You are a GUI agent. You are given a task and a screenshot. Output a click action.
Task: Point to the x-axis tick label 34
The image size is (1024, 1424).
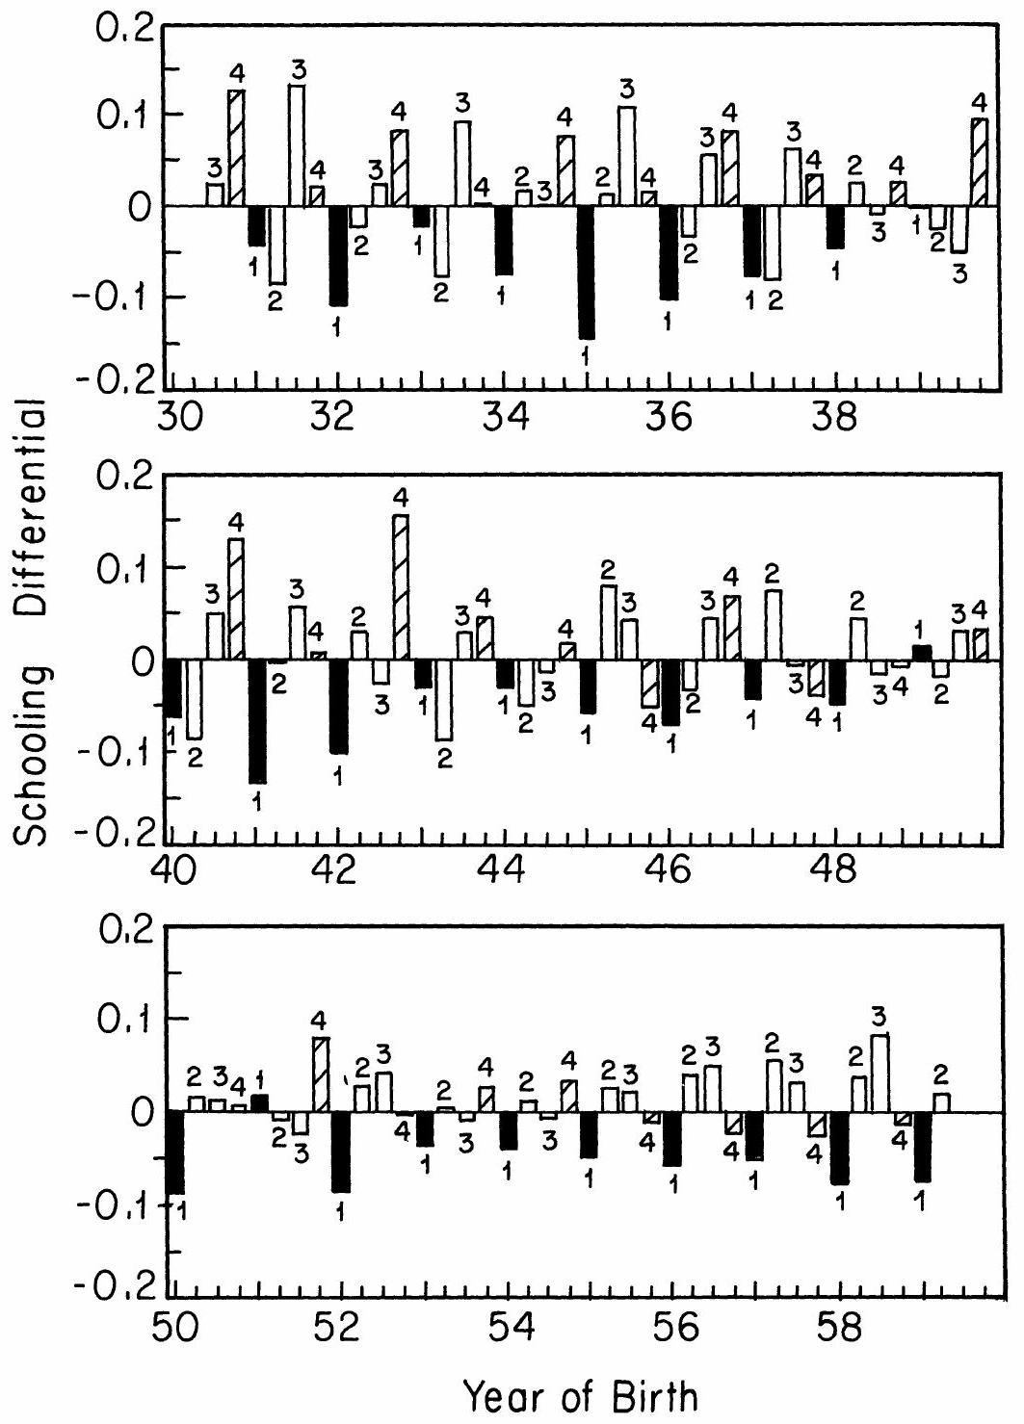click(502, 419)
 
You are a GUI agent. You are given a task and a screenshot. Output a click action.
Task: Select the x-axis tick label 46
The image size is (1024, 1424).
click(669, 872)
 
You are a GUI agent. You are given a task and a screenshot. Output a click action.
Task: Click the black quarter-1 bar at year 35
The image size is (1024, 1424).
click(586, 272)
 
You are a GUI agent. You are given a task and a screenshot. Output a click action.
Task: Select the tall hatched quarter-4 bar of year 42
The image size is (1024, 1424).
click(400, 587)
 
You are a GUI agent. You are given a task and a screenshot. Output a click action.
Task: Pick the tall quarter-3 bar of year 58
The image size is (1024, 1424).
click(879, 1073)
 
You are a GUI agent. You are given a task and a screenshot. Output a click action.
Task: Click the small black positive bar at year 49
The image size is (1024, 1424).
click(921, 653)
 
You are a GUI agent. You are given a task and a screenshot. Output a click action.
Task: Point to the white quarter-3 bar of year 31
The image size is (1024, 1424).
click(297, 145)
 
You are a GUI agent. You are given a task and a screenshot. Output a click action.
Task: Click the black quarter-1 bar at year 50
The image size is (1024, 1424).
click(174, 1152)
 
